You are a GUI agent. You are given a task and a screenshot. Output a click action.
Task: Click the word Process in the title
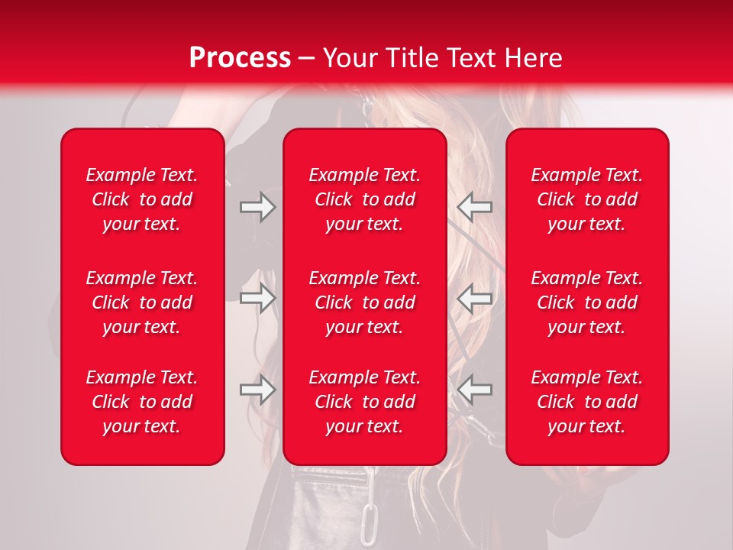240,58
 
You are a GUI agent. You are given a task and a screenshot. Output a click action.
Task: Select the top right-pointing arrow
258,207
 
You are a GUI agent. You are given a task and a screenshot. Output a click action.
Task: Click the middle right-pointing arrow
258,298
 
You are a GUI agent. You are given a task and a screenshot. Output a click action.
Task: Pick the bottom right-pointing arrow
258,390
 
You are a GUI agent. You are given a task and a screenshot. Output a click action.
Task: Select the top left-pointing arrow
475,207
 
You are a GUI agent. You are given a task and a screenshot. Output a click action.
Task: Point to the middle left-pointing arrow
475,298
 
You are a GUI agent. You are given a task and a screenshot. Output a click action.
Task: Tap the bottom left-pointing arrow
475,390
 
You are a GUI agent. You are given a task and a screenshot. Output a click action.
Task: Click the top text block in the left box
142,199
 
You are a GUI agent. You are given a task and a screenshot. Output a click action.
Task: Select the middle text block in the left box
142,302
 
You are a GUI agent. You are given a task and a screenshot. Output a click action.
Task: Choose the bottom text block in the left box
142,402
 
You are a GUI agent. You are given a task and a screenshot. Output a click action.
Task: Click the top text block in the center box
365,199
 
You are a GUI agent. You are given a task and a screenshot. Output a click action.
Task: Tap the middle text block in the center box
365,302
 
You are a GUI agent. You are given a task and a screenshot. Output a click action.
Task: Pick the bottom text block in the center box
365,402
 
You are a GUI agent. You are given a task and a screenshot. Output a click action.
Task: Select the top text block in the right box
587,199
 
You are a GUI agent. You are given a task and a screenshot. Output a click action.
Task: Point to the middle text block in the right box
587,302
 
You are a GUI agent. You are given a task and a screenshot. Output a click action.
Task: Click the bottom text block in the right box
587,402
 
